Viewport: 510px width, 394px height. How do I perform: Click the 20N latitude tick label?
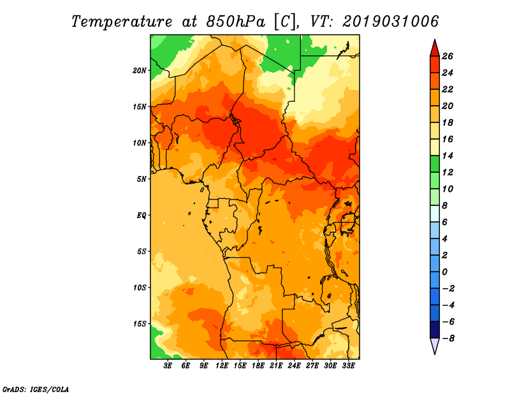(140, 71)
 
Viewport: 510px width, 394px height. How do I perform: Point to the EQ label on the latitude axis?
(141, 215)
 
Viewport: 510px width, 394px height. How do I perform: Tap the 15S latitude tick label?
(140, 324)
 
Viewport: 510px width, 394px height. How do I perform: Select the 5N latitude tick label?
(142, 179)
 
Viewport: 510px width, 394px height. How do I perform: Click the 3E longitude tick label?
(168, 366)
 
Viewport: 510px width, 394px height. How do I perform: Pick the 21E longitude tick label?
(276, 366)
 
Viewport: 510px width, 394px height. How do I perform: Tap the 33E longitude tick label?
(348, 366)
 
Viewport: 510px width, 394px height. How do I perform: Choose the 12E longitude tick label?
(222, 366)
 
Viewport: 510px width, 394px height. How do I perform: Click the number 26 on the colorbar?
(448, 57)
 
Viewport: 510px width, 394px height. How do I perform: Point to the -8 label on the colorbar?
(448, 339)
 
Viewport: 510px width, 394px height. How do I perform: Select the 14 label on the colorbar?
(448, 156)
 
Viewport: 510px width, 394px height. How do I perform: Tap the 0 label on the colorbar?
(444, 272)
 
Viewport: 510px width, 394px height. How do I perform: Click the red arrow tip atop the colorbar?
(435, 40)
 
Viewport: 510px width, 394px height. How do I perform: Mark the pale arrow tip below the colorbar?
(435, 353)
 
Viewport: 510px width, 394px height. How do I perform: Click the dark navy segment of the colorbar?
(435, 330)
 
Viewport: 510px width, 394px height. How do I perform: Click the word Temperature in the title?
(122, 22)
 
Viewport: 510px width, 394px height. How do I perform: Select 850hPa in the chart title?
(235, 22)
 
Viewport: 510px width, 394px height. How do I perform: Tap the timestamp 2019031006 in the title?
(391, 22)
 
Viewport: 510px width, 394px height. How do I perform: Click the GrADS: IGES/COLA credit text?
(36, 390)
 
